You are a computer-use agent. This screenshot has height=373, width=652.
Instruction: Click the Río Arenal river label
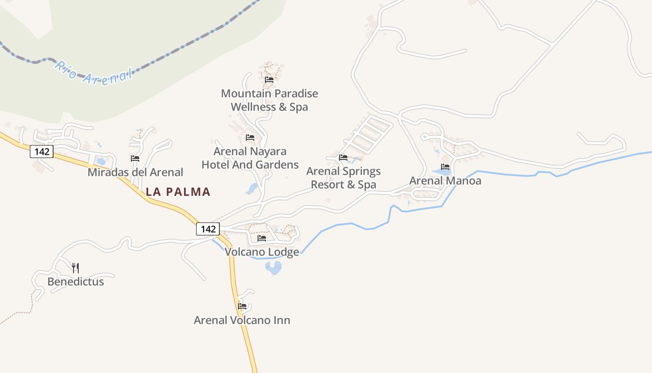click(x=93, y=73)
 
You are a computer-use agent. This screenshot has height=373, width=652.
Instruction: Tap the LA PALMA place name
click(x=178, y=192)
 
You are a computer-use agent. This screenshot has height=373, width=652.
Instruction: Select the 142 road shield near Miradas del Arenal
click(x=42, y=151)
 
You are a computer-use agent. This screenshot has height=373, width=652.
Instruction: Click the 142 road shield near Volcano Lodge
click(x=208, y=229)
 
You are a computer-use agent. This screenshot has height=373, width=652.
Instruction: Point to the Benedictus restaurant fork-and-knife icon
click(x=75, y=268)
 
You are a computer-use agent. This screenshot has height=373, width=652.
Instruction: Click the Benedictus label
click(x=75, y=282)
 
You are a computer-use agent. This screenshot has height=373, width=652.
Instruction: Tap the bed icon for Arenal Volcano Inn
click(x=242, y=306)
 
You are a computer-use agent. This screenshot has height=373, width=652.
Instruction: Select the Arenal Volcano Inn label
click(x=242, y=320)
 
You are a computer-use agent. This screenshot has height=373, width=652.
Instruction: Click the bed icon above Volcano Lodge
click(x=262, y=238)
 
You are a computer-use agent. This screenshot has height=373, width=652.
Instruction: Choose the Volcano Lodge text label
click(x=262, y=252)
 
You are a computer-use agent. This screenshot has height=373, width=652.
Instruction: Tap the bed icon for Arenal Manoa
click(x=445, y=167)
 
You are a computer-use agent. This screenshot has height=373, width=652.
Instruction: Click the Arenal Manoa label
click(x=445, y=180)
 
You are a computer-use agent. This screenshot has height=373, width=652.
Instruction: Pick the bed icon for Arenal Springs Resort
click(x=343, y=158)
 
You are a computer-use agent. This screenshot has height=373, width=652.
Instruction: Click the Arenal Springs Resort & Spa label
click(x=343, y=178)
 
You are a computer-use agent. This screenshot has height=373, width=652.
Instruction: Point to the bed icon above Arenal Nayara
click(x=250, y=138)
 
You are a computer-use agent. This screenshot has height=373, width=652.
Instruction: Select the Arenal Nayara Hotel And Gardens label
click(x=250, y=158)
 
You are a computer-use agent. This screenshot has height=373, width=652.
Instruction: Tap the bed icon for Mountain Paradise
click(x=269, y=80)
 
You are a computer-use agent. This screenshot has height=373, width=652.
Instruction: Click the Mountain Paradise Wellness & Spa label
click(x=269, y=100)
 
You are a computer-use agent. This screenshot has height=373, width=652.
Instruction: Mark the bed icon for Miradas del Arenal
click(x=135, y=159)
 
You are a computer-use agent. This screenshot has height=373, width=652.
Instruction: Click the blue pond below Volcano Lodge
click(x=273, y=268)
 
